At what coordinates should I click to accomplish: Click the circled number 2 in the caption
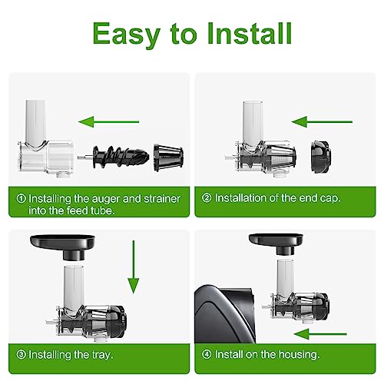pyautogui.click(x=206, y=198)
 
